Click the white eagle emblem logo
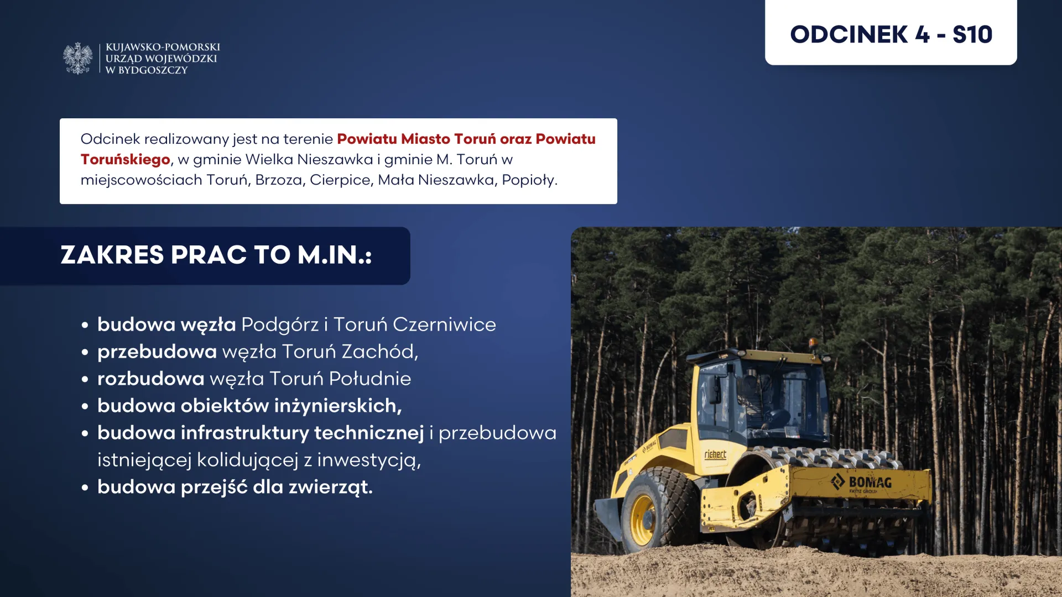click(78, 58)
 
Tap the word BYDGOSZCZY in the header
click(153, 70)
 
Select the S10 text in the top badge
click(972, 34)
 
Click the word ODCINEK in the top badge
click(849, 34)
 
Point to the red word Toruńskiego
click(126, 160)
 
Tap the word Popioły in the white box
click(529, 180)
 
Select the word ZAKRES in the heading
click(112, 255)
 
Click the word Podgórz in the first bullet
click(280, 324)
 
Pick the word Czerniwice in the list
click(444, 324)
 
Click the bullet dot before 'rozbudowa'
click(85, 379)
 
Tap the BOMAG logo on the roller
click(861, 482)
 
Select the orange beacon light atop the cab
click(812, 343)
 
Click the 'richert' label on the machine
click(715, 454)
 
